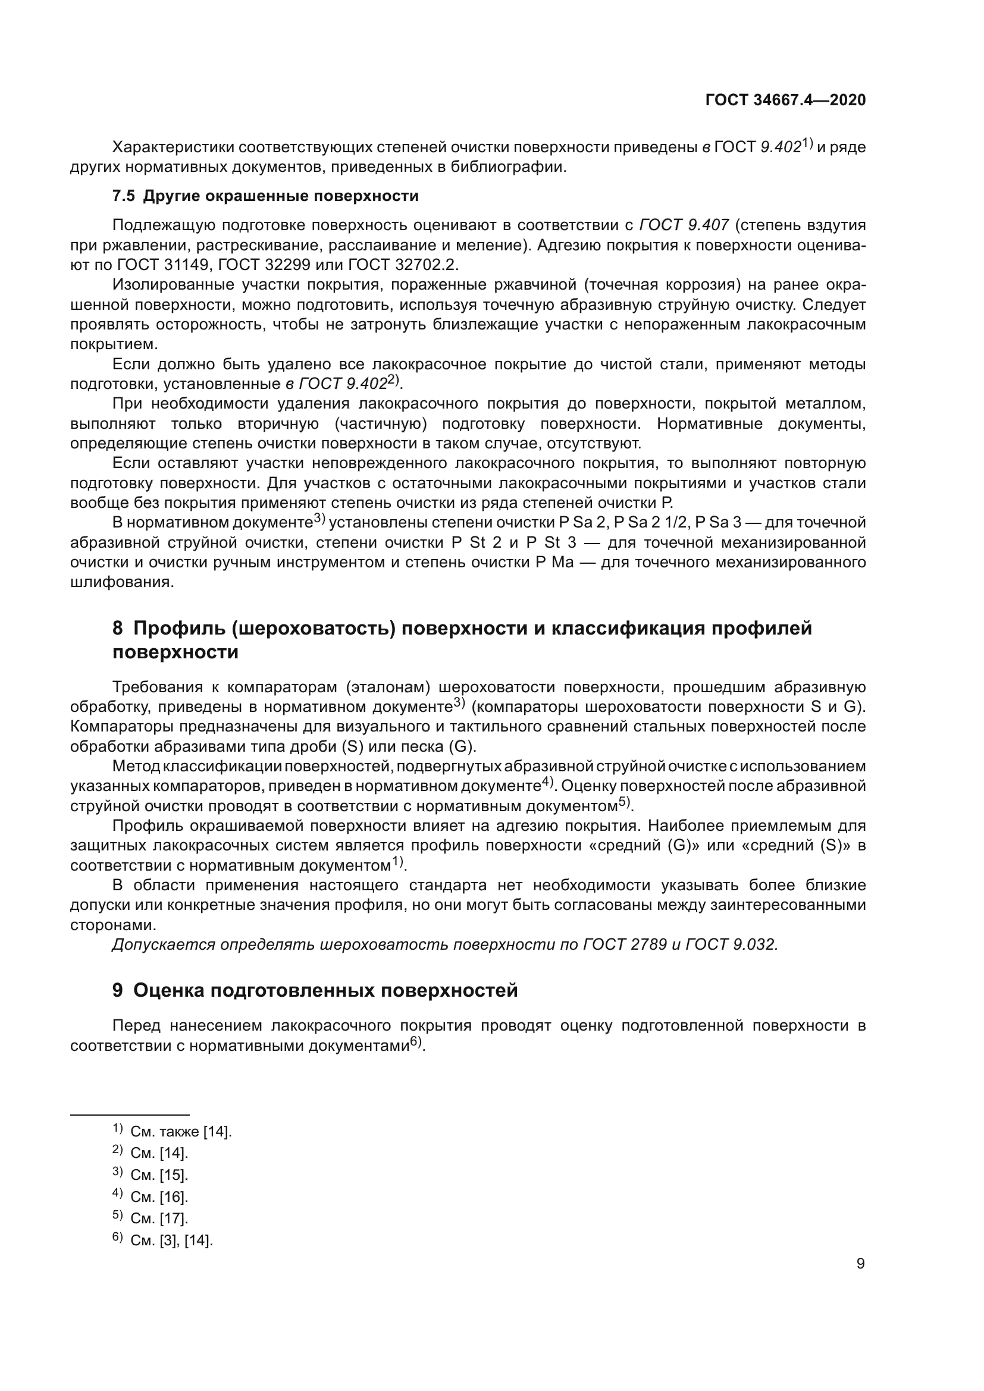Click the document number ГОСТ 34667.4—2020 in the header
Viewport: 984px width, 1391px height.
click(785, 101)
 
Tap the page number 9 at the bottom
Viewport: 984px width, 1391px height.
click(860, 1264)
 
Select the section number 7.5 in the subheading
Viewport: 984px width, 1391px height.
click(124, 196)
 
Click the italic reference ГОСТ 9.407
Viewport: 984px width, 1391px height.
click(684, 225)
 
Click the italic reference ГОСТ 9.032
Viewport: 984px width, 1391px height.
click(731, 945)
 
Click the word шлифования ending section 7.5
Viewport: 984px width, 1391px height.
click(121, 583)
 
